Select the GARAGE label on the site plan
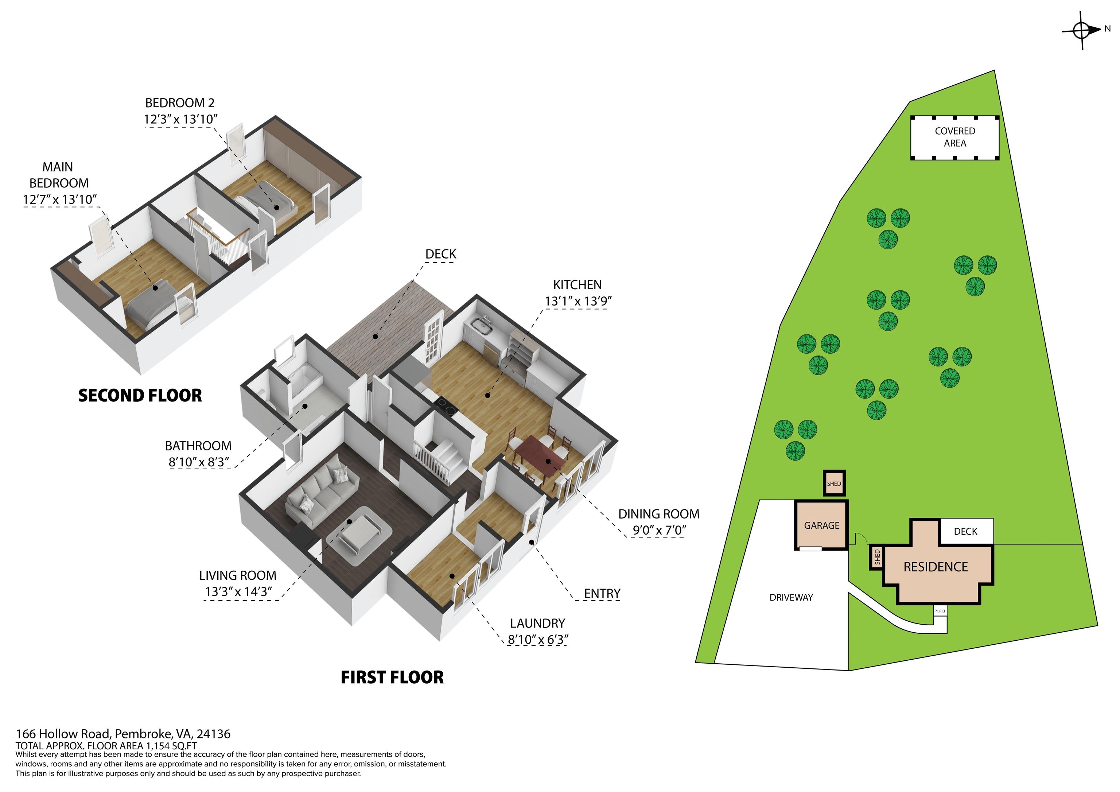click(821, 525)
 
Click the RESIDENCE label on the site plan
click(936, 567)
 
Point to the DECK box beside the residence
click(966, 531)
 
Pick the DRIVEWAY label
click(791, 597)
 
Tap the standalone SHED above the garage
click(834, 484)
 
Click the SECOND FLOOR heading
click(140, 395)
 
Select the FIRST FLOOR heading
click(392, 678)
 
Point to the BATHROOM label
click(198, 446)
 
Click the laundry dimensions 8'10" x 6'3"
click(537, 639)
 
